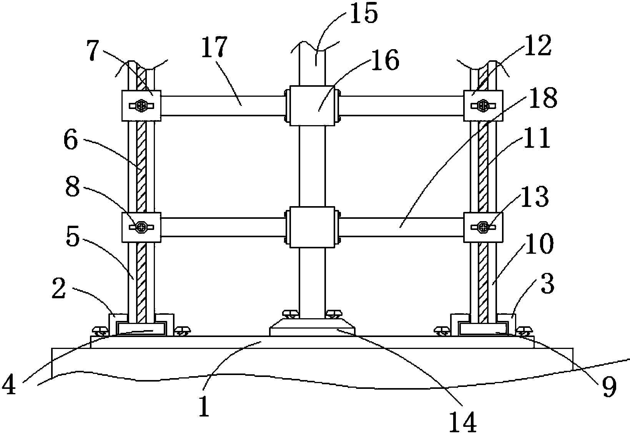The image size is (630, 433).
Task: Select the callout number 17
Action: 214,46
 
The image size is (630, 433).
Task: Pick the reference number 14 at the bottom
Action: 463,421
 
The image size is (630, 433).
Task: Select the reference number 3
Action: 547,284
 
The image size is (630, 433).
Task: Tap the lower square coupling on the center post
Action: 312,228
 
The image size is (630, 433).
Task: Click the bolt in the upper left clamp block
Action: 142,106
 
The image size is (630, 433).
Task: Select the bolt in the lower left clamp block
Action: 142,227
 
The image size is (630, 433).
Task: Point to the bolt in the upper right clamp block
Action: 484,106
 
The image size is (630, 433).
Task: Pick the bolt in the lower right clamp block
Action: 484,227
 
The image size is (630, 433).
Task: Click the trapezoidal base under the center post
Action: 312,327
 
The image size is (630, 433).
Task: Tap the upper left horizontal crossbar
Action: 222,106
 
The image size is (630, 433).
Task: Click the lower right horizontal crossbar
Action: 402,227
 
